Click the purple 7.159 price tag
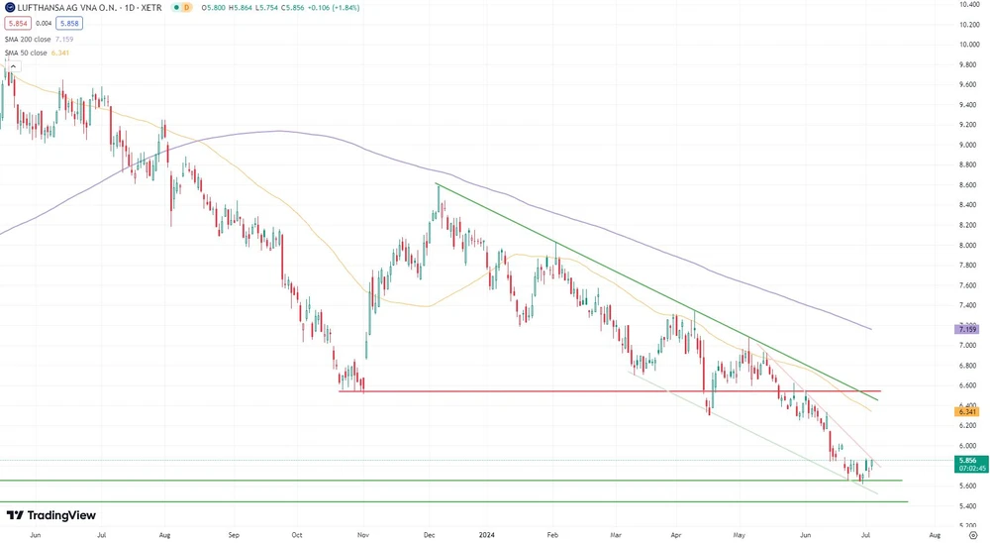[966, 329]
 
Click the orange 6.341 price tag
[966, 411]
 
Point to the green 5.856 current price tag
[966, 461]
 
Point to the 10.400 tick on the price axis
[968, 5]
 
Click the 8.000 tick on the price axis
[968, 246]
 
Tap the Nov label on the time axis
[362, 534]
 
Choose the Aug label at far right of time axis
[935, 534]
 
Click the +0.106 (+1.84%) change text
[331, 7]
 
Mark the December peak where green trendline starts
[437, 184]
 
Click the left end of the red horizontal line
[340, 391]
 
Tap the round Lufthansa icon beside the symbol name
[9, 7]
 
